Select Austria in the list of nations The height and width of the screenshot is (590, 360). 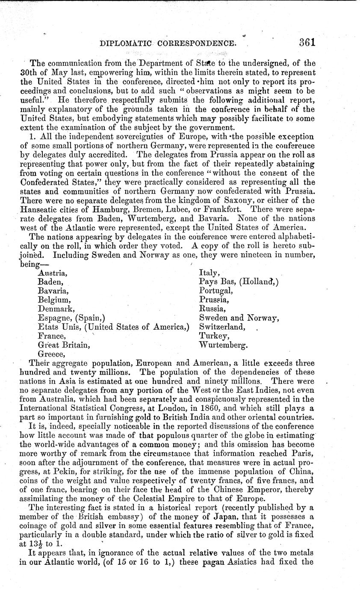point(52,272)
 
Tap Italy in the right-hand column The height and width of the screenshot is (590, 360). point(210,272)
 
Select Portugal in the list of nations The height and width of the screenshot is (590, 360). point(216,291)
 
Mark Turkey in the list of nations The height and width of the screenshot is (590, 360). point(212,336)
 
